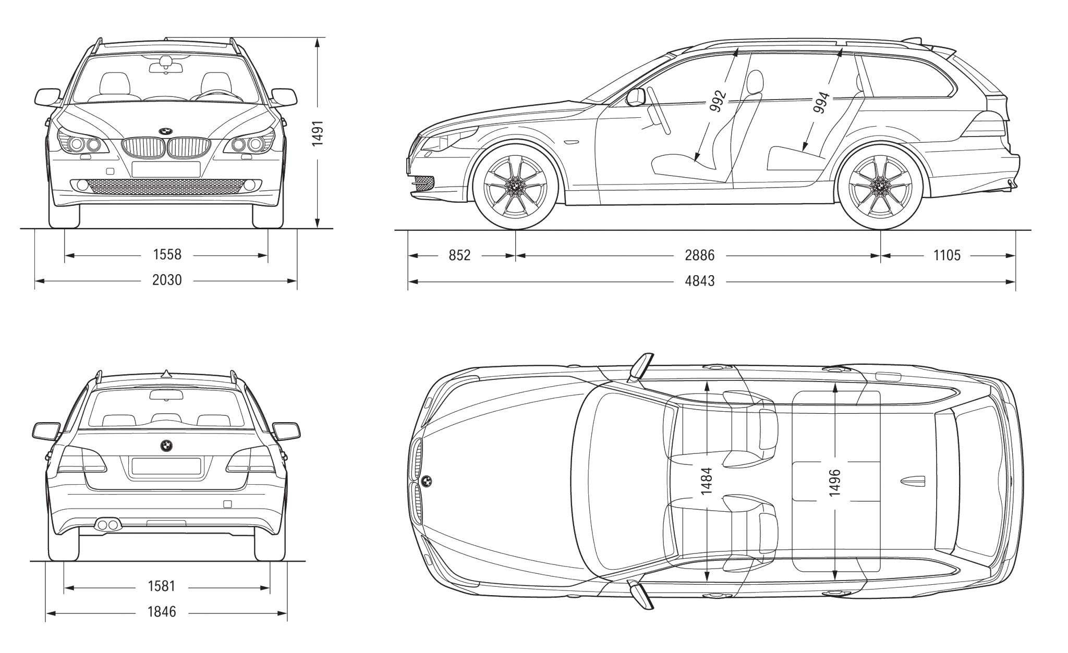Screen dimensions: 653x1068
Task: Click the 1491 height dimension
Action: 318,133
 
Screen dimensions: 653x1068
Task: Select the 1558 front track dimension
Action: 167,255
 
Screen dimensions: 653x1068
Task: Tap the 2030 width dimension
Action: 167,280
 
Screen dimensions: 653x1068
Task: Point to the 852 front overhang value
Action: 459,255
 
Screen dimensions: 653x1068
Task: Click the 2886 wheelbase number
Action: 699,255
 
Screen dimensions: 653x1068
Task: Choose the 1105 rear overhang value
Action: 946,255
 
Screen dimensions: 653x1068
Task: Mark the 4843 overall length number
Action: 699,281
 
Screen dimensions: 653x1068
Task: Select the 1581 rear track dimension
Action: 162,587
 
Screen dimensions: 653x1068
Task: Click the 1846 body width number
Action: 162,612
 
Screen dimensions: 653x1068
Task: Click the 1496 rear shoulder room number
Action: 834,482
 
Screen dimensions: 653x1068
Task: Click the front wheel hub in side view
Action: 515,186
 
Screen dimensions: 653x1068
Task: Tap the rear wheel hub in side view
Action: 880,186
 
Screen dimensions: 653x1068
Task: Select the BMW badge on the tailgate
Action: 166,446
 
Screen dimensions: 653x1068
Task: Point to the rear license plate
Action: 166,466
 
